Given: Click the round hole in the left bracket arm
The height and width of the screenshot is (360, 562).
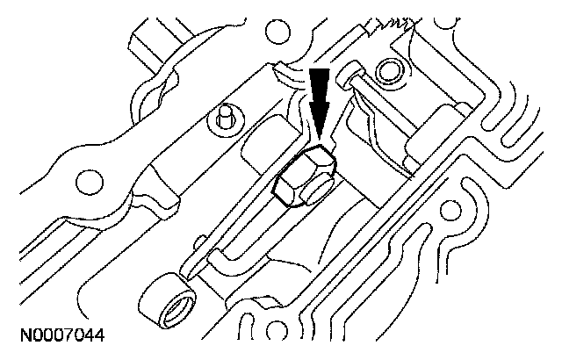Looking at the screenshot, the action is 88,183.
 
